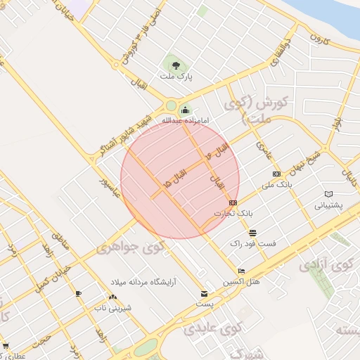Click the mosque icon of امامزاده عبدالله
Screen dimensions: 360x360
click(185, 109)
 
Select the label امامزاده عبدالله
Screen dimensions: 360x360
click(186, 120)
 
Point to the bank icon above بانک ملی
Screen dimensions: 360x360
click(276, 174)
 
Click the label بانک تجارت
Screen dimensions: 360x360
click(236, 212)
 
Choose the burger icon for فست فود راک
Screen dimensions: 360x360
click(252, 233)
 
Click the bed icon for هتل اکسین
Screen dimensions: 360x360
click(242, 271)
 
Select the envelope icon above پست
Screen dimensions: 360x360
click(205, 294)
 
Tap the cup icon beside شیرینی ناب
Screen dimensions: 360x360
click(78, 293)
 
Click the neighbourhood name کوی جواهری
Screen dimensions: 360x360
click(130, 247)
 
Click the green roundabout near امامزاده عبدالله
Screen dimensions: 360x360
click(171, 107)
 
